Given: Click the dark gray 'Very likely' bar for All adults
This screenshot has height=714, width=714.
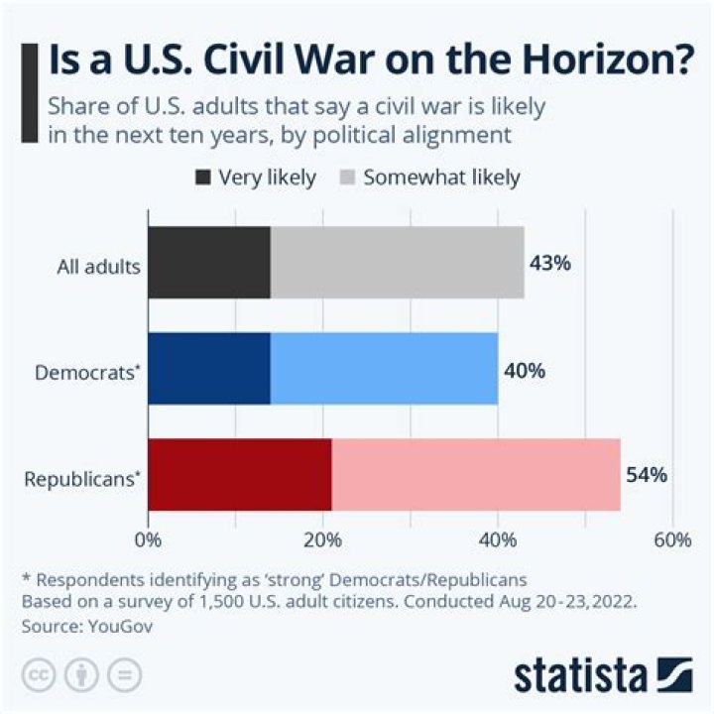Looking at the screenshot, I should (x=209, y=263).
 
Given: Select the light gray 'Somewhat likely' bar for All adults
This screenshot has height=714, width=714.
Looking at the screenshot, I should (x=397, y=263).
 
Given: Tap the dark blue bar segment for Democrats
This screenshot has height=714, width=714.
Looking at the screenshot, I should (x=209, y=369).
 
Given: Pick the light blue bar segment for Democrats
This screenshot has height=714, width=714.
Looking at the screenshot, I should (x=384, y=369).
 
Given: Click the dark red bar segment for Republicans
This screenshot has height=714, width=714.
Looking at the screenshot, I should (x=240, y=475).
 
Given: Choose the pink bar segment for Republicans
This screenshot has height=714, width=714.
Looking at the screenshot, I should (x=476, y=475).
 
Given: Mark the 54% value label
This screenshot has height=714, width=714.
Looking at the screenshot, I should (x=647, y=475).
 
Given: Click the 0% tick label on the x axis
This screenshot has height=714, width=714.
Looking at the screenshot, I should (x=148, y=540).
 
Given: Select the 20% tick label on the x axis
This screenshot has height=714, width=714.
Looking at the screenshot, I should (x=323, y=540).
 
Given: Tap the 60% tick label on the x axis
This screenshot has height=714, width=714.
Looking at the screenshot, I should (x=672, y=540).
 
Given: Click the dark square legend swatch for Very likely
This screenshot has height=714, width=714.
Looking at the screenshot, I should (x=203, y=178).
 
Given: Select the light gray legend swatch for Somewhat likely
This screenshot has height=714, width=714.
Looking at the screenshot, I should (x=348, y=178).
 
